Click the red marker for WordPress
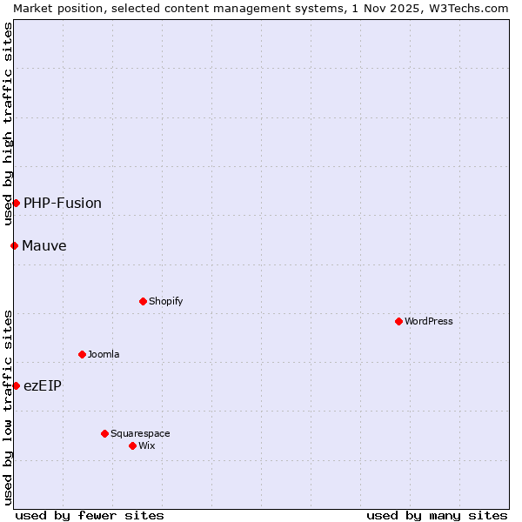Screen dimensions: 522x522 click(398, 321)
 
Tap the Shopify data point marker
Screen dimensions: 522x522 click(143, 301)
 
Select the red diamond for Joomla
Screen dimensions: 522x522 click(82, 354)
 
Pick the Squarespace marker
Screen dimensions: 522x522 click(104, 433)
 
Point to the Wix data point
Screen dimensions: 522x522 click(132, 445)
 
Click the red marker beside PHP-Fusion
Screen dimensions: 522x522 click(16, 203)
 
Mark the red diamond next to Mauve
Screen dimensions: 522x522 click(14, 245)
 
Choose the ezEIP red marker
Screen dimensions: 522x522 click(16, 385)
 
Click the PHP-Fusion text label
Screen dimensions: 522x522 click(63, 204)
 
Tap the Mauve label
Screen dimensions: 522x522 click(44, 246)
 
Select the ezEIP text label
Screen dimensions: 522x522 click(43, 386)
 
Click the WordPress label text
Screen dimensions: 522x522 click(429, 322)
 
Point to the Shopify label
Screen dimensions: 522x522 click(165, 302)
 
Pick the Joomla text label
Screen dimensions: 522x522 click(104, 355)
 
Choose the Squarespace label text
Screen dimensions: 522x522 click(140, 434)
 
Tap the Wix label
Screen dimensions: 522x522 click(147, 446)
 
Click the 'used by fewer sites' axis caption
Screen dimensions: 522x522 click(90, 515)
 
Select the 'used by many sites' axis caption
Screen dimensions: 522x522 click(437, 515)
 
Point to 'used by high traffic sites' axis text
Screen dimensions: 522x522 click(8, 124)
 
